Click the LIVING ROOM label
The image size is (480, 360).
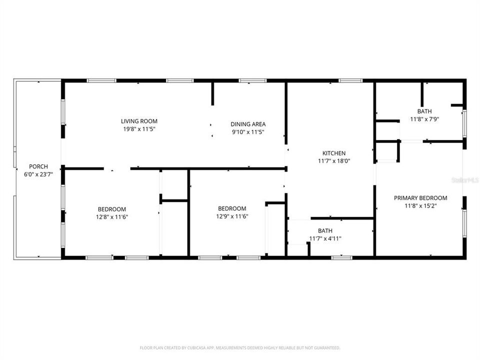[x=139, y=121]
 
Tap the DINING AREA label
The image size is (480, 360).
[x=247, y=124]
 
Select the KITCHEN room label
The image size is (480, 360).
[x=333, y=153]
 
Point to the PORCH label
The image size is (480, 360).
[x=38, y=166]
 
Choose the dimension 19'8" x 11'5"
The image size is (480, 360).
[x=139, y=129]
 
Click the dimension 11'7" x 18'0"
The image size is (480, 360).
[x=333, y=161]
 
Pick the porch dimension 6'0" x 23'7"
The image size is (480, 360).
[x=38, y=174]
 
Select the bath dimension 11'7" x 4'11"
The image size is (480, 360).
[x=325, y=238]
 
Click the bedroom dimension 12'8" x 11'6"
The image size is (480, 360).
[x=111, y=217]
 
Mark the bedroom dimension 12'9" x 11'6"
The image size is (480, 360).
[x=232, y=216]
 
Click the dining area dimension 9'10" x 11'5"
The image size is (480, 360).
[x=247, y=132]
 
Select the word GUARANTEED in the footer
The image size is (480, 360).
[x=325, y=347]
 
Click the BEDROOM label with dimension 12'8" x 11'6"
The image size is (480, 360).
[x=111, y=209]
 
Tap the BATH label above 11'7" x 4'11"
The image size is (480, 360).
[x=325, y=230]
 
